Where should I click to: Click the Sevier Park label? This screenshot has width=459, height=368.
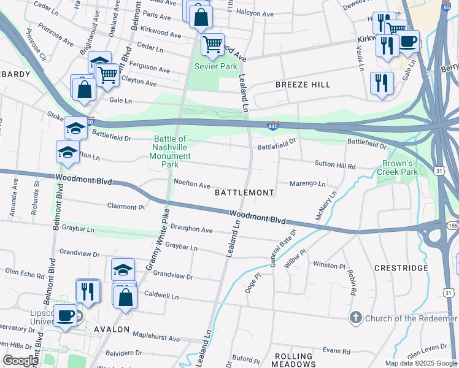[x=215, y=66]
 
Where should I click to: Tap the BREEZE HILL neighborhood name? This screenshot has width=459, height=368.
[x=303, y=85]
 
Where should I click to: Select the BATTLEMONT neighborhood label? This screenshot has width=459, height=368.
[x=244, y=193]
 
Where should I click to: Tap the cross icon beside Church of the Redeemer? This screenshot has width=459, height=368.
[x=355, y=318]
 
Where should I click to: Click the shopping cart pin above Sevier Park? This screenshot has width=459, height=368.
[x=212, y=44]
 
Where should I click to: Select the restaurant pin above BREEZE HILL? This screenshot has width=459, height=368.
[x=382, y=82]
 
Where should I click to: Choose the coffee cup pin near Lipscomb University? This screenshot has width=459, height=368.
[x=65, y=316]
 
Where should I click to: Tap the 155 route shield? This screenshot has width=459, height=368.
[x=453, y=226]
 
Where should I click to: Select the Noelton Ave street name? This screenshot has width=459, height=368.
[x=191, y=184]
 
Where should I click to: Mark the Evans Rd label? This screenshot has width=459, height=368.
[x=336, y=351]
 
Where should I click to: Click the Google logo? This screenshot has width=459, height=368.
[x=21, y=360]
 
